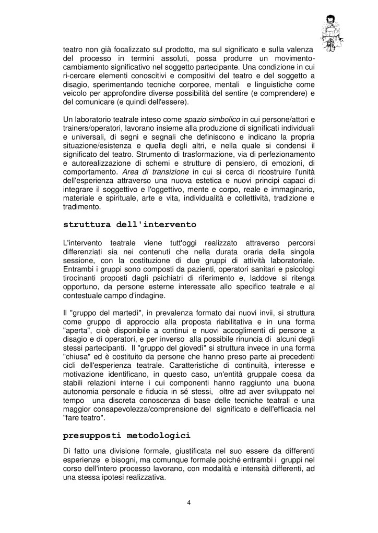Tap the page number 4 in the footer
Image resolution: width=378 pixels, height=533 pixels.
tap(188, 502)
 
